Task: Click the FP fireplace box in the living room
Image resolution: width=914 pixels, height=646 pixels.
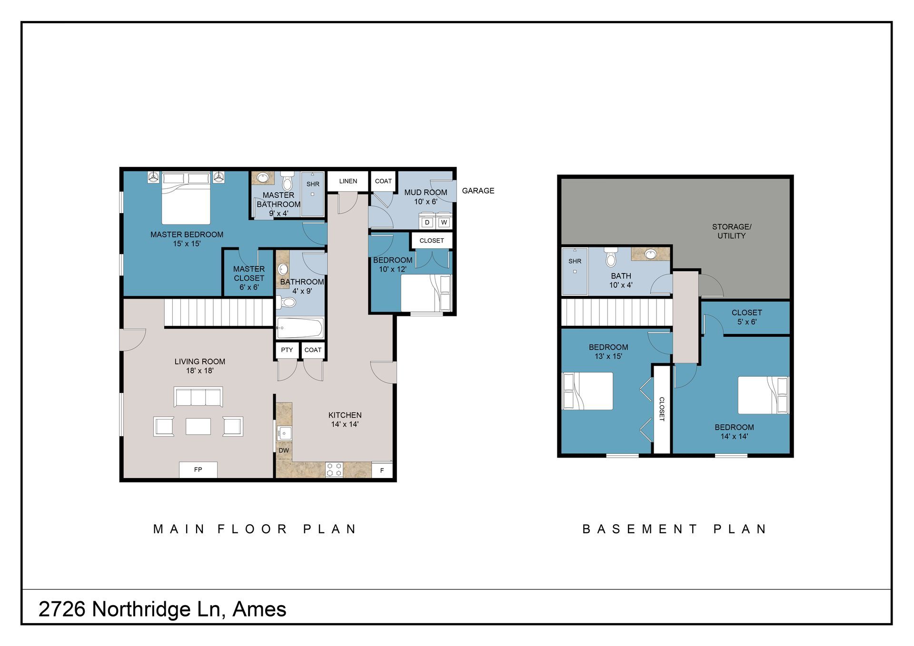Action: click(198, 470)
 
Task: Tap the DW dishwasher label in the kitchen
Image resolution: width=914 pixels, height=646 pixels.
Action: click(284, 450)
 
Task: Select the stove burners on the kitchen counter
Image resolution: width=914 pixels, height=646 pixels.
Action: click(334, 470)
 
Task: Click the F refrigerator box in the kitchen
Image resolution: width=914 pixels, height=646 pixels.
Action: click(382, 470)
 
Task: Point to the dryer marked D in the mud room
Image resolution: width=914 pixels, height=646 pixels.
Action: click(427, 222)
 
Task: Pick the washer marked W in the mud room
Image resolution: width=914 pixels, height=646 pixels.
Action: click(444, 222)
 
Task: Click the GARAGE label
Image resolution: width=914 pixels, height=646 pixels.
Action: click(478, 191)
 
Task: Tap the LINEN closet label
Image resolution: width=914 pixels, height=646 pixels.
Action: click(348, 181)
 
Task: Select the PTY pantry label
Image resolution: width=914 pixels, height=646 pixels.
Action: click(287, 350)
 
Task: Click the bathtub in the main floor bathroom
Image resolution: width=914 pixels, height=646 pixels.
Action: click(300, 328)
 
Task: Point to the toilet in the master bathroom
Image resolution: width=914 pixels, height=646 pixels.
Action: click(287, 181)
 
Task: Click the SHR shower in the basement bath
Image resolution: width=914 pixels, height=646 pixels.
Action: click(575, 271)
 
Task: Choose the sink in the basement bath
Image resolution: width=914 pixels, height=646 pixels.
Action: click(650, 254)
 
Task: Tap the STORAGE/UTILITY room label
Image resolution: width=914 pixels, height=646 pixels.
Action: click(732, 231)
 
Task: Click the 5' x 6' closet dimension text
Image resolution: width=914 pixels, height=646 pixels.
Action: click(747, 322)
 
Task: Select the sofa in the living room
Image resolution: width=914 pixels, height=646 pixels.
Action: click(199, 397)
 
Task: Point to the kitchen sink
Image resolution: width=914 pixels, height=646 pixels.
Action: click(285, 433)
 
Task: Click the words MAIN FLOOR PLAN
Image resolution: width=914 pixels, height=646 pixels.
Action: click(255, 529)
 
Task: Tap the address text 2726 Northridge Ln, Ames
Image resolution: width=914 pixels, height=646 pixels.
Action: click(162, 609)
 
